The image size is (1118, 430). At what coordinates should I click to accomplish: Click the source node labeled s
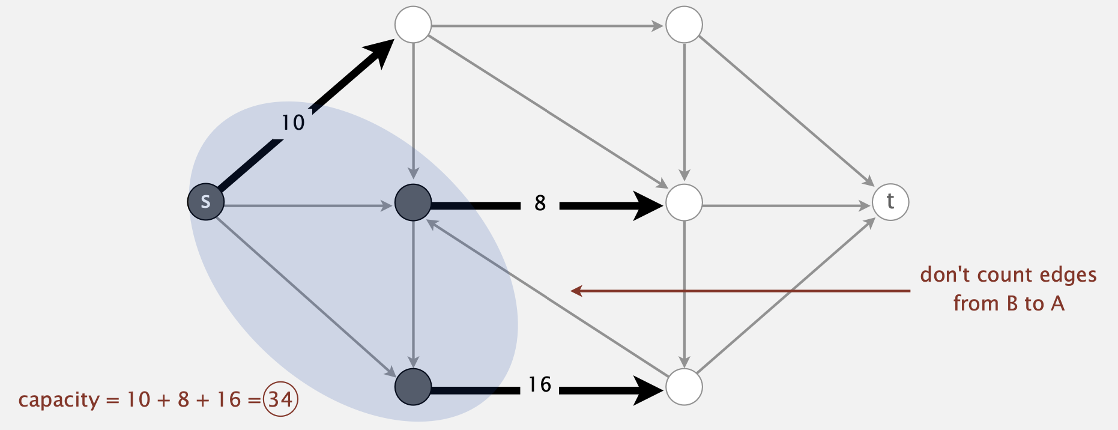click(x=206, y=202)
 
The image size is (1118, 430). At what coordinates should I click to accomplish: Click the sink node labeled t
click(x=890, y=202)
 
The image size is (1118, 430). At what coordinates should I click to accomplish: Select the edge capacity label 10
click(x=293, y=123)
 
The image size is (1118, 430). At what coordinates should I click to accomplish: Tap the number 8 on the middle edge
click(x=540, y=203)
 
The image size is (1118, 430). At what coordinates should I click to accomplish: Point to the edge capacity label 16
click(x=540, y=384)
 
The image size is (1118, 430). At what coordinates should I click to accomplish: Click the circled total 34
click(x=280, y=399)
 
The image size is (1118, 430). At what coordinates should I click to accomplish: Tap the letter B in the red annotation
click(x=1012, y=303)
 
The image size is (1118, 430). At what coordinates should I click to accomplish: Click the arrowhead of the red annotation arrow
click(x=576, y=291)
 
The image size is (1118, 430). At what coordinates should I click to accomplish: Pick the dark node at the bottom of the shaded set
click(x=413, y=387)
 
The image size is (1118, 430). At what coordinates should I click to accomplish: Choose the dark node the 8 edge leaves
click(x=413, y=202)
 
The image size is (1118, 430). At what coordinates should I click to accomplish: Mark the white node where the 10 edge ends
click(x=413, y=25)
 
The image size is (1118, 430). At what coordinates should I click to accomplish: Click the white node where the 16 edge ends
click(x=684, y=387)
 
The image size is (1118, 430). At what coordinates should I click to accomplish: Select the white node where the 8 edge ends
click(x=684, y=202)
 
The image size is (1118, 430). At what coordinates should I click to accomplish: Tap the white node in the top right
click(x=684, y=25)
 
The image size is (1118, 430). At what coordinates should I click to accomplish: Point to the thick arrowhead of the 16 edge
click(x=648, y=390)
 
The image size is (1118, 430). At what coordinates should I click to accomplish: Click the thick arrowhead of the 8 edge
click(x=648, y=206)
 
